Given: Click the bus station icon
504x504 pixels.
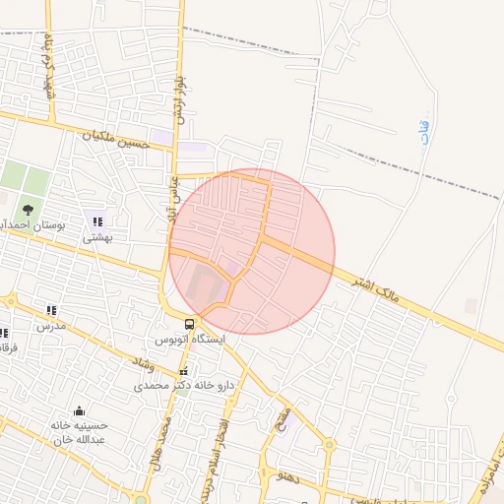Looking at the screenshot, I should pos(190,324).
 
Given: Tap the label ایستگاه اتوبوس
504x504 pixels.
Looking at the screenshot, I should pos(190,340).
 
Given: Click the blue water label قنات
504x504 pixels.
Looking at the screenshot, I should pos(424,133).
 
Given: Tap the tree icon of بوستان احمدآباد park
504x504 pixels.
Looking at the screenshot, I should pos(28,209).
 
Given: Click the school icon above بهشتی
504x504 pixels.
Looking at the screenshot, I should pos(97,220).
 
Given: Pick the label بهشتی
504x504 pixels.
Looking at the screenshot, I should pos(97,237).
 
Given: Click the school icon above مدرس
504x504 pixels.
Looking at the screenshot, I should pos(51,310).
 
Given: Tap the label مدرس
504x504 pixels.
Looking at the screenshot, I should pos(51,326).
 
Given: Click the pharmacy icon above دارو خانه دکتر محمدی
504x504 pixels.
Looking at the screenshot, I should pos(179,372).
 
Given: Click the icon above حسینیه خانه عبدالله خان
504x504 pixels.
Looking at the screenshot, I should pos(79,410).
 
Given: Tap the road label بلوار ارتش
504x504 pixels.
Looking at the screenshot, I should pos(178,99).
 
